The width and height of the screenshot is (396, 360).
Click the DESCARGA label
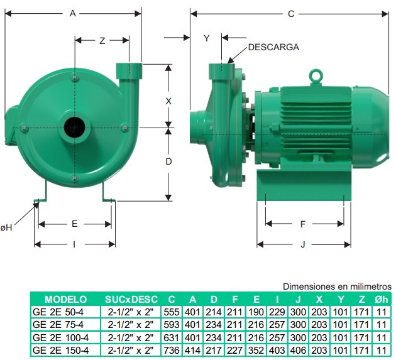(x=273, y=47)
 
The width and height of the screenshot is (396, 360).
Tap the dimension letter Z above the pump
(x=102, y=41)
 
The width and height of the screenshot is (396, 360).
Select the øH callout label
(x=6, y=227)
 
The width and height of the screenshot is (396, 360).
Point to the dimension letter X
(x=168, y=101)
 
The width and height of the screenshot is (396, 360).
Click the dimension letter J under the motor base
(x=303, y=244)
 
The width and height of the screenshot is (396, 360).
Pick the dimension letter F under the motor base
(x=303, y=224)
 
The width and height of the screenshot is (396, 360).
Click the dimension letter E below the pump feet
(x=75, y=224)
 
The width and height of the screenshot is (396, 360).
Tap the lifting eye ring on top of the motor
(x=316, y=75)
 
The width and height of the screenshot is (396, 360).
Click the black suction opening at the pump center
(x=75, y=127)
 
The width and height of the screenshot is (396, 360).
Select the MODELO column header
(x=65, y=300)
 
